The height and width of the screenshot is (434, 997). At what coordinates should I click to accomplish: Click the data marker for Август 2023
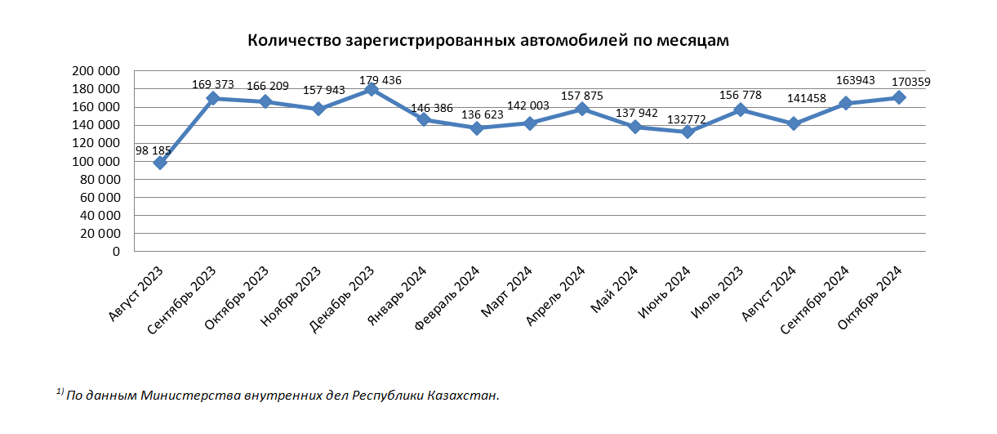pyautogui.click(x=160, y=163)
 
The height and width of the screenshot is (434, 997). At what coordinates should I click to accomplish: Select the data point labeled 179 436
pyautogui.click(x=372, y=89)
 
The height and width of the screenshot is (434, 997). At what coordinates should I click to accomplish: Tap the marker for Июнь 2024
pyautogui.click(x=688, y=132)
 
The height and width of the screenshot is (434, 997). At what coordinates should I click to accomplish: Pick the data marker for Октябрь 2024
pyautogui.click(x=899, y=97)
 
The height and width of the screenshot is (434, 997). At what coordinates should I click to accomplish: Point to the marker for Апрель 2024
pyautogui.click(x=582, y=109)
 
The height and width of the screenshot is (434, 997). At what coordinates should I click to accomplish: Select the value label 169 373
pyautogui.click(x=212, y=83)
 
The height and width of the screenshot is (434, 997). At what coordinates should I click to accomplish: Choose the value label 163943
pyautogui.click(x=857, y=80)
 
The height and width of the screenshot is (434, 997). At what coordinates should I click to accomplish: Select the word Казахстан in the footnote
pyautogui.click(x=461, y=396)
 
